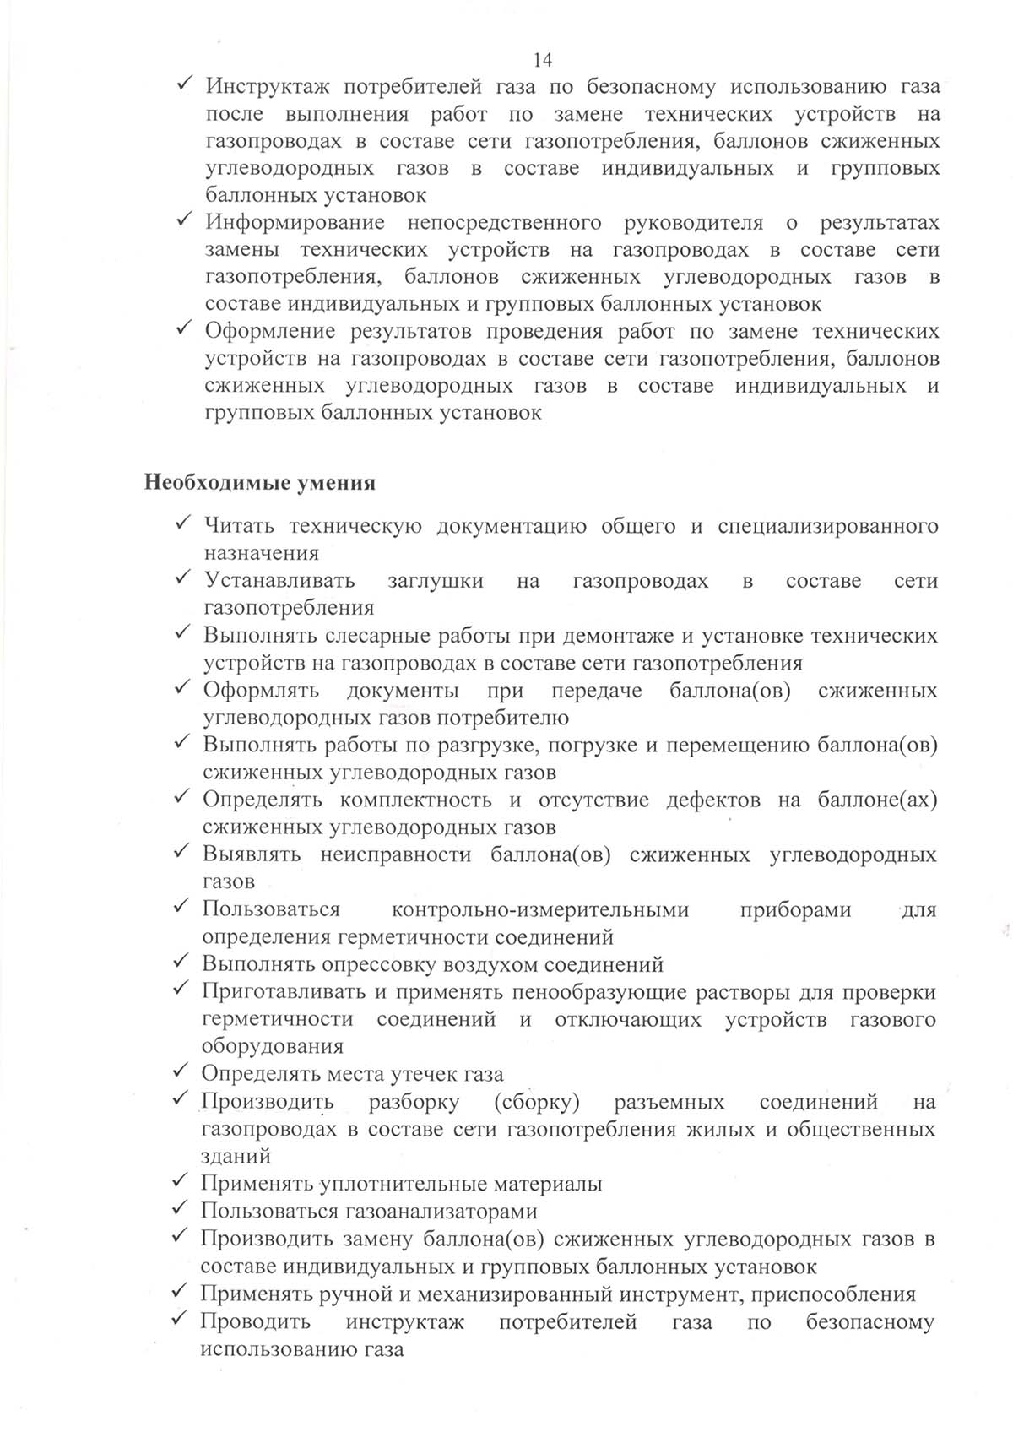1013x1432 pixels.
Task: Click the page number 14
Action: tap(543, 60)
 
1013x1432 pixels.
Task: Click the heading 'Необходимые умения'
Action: tap(260, 484)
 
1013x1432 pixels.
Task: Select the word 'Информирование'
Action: tap(295, 223)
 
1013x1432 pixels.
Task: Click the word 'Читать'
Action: tap(239, 527)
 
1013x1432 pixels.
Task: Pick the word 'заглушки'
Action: tap(436, 581)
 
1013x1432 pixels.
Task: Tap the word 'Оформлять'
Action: tap(261, 691)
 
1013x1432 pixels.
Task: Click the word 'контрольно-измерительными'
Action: tap(540, 910)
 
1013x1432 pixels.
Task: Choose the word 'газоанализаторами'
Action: tap(441, 1212)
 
